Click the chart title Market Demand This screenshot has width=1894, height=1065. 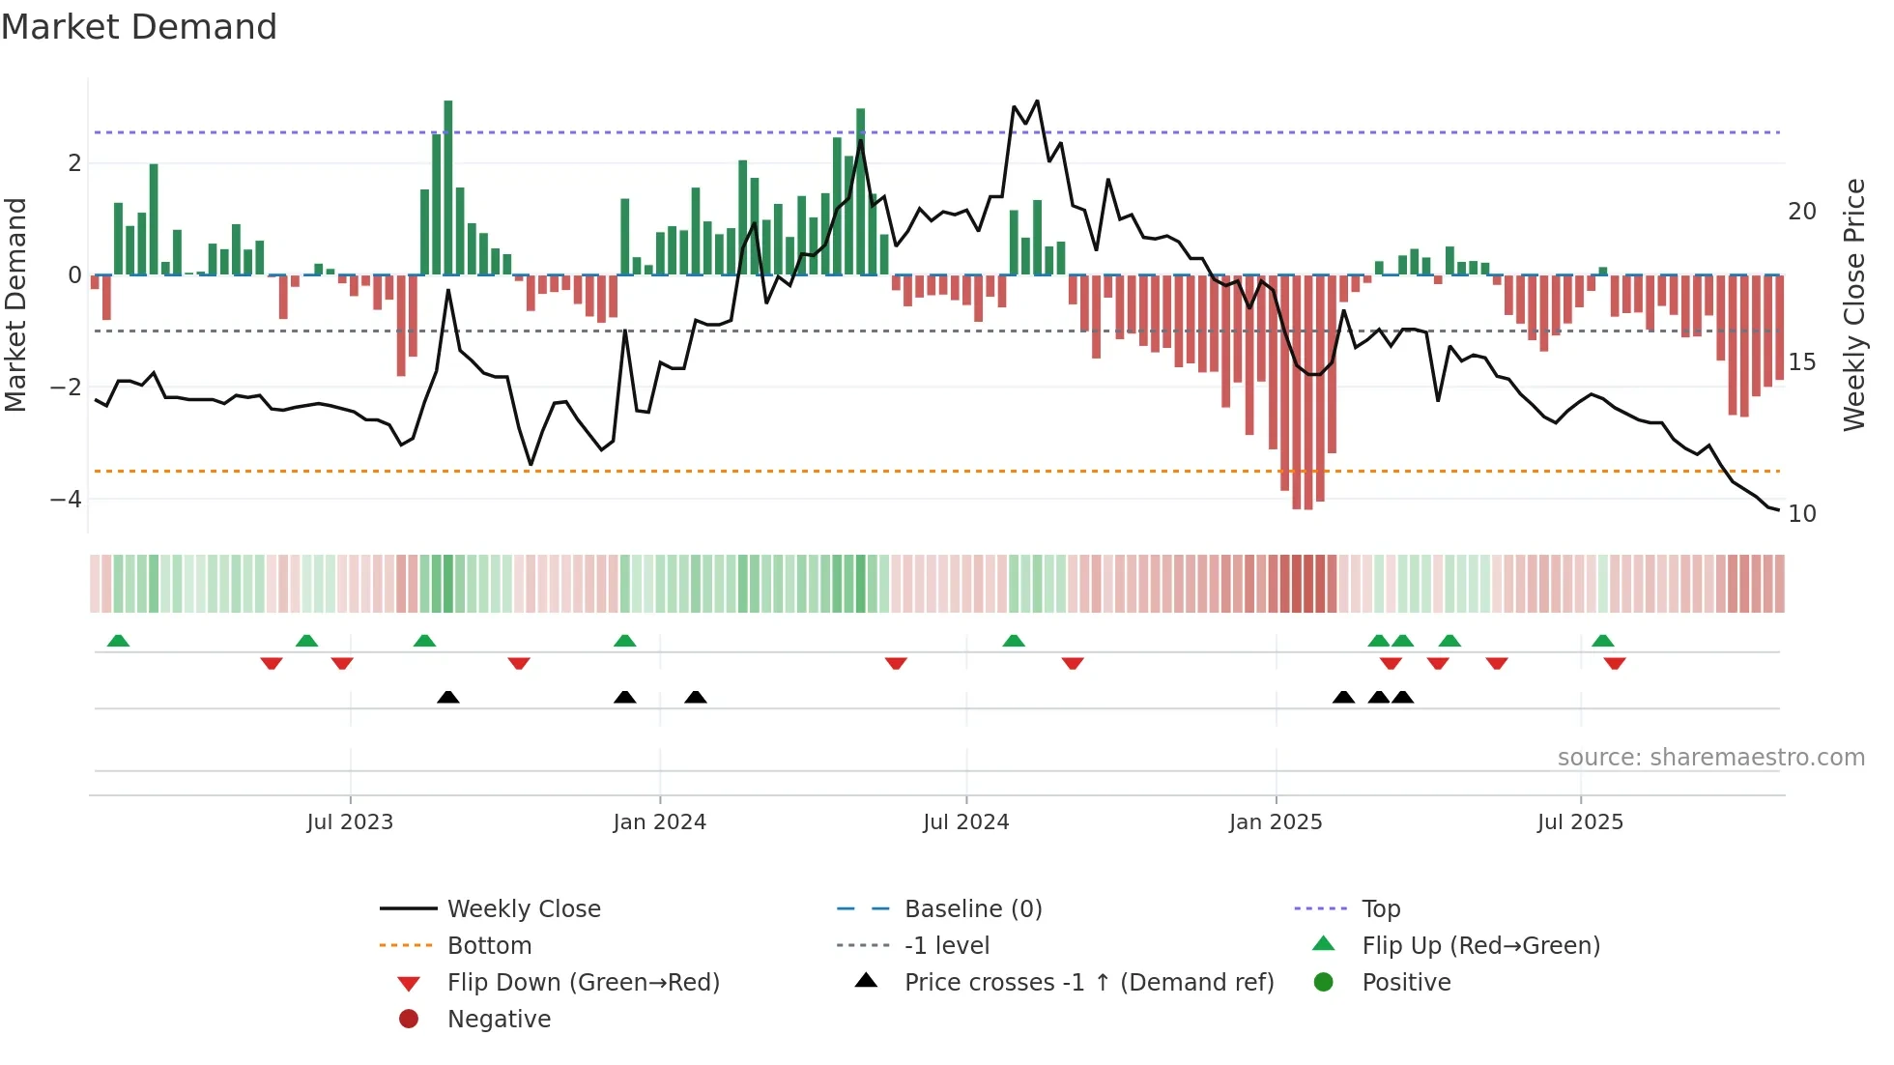click(139, 27)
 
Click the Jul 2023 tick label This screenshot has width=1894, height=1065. click(350, 822)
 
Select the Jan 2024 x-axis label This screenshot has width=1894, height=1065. click(659, 822)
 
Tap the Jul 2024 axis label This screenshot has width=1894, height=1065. click(965, 822)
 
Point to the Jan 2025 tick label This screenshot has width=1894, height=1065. click(1276, 822)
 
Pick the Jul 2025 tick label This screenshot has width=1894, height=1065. click(1580, 822)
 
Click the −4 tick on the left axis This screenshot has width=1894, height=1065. click(66, 500)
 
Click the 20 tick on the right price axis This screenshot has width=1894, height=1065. click(1801, 212)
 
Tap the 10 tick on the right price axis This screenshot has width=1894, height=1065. click(1801, 514)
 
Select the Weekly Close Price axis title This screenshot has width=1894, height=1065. click(1853, 304)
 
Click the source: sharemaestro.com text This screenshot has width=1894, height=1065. click(1710, 758)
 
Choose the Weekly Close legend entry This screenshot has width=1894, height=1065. click(523, 909)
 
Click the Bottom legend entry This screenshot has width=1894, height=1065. click(489, 946)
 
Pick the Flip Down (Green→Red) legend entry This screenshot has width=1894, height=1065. click(583, 983)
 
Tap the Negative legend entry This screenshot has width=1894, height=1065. click(499, 1020)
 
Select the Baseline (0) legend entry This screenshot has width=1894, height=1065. click(972, 909)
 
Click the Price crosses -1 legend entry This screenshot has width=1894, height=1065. click(1088, 983)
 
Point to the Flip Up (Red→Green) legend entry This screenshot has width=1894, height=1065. click(1480, 946)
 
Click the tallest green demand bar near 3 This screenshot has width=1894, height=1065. click(448, 188)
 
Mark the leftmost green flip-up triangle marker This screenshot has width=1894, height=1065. click(118, 641)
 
